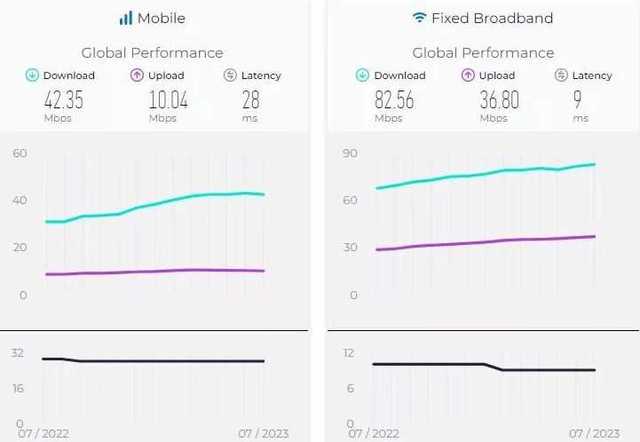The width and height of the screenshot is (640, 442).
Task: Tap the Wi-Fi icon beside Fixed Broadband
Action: coord(419,18)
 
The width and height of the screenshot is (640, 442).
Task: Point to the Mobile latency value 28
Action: coord(250,99)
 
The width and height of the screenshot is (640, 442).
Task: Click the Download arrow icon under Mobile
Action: coord(32,75)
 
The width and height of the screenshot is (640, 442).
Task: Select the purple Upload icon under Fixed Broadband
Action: coord(468,75)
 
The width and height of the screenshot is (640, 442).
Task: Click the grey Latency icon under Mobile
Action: coord(230,75)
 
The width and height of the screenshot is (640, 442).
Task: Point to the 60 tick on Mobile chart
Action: coord(20,153)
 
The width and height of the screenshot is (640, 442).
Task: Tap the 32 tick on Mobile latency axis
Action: coord(17,352)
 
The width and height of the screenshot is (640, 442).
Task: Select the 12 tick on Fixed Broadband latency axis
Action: coord(349,352)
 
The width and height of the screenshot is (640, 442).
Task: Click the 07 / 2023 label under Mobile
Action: coord(263,434)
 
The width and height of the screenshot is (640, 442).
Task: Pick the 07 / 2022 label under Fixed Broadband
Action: coord(374,434)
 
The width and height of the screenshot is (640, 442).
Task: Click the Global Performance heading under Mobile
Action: coord(152,53)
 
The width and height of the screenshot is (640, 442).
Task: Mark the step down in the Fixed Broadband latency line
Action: coord(494,367)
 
